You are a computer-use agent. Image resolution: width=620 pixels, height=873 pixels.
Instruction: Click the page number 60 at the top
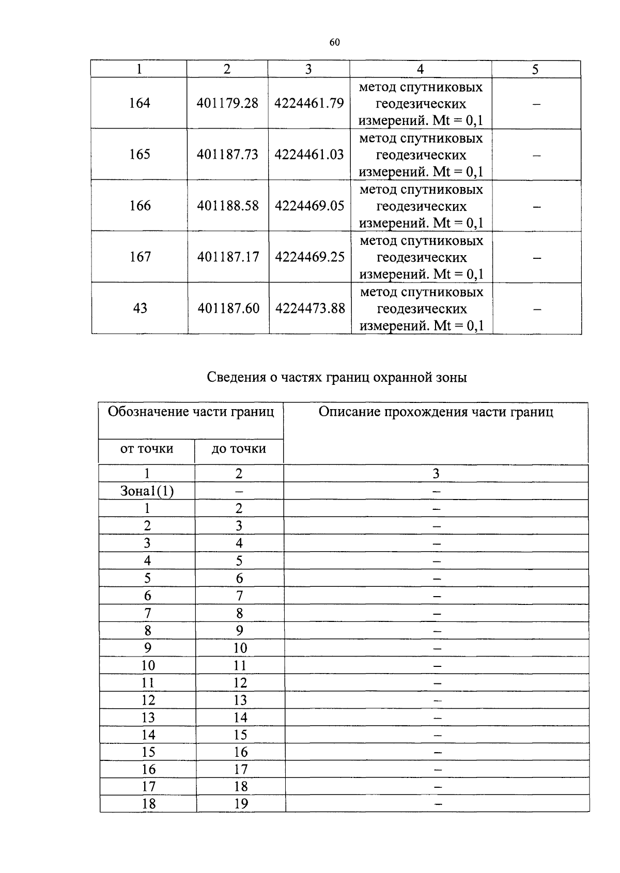(x=334, y=43)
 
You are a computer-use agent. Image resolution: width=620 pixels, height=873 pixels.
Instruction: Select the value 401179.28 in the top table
(x=227, y=103)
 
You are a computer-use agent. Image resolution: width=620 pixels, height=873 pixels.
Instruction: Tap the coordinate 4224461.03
(x=309, y=154)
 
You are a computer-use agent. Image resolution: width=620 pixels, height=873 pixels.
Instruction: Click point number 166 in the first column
(x=140, y=206)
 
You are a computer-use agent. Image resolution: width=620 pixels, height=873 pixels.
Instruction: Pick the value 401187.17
(x=228, y=257)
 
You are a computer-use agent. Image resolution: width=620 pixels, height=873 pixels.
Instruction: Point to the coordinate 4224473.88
(x=310, y=308)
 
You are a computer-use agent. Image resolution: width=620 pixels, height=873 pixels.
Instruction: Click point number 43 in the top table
(x=140, y=308)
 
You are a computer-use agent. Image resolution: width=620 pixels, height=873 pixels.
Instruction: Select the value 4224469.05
(x=309, y=206)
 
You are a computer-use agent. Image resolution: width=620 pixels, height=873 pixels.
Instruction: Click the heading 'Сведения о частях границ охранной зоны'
(x=337, y=378)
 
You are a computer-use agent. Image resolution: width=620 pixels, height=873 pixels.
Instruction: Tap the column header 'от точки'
(x=147, y=449)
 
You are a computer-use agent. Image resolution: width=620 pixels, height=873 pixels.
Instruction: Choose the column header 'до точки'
(x=239, y=449)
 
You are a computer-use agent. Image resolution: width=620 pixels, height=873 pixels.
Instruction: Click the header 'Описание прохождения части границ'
(x=436, y=412)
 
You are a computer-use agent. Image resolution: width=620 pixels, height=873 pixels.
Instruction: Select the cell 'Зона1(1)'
(x=147, y=491)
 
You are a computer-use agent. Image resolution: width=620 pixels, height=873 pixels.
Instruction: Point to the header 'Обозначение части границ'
(x=191, y=412)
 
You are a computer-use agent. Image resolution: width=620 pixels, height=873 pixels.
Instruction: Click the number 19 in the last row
(x=241, y=804)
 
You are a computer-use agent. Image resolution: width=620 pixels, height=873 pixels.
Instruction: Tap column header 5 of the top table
(x=535, y=69)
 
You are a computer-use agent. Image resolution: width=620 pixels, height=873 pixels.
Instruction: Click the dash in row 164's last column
(x=536, y=104)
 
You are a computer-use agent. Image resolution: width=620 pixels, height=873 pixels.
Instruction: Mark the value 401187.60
(x=228, y=308)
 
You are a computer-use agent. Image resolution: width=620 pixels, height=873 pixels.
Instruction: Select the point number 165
(x=139, y=154)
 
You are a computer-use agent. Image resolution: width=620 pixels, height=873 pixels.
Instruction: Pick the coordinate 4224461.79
(x=309, y=103)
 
